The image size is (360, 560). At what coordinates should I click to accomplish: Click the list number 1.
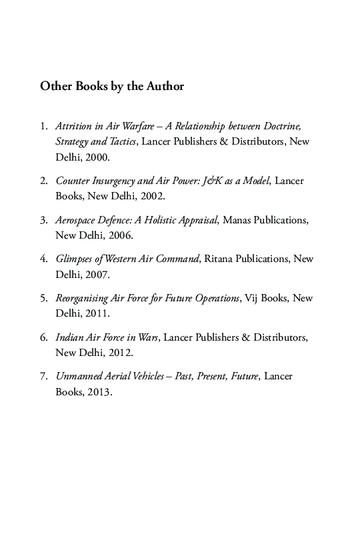point(43,125)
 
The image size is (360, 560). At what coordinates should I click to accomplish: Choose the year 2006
point(121,235)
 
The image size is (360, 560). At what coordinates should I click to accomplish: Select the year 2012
point(121,353)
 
